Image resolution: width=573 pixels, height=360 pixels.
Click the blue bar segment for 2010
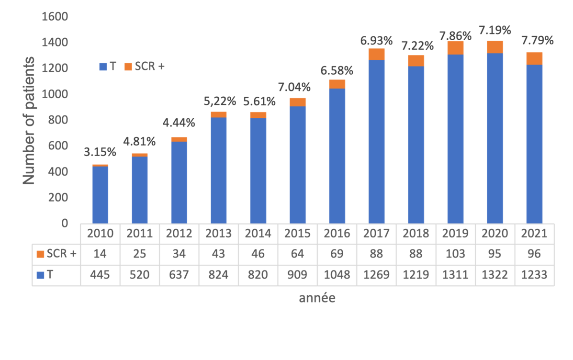tap(100, 195)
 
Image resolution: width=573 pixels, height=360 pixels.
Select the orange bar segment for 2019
tap(455, 48)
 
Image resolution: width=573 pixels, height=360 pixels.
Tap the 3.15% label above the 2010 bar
tap(100, 152)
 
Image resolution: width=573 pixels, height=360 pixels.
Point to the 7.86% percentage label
tap(455, 35)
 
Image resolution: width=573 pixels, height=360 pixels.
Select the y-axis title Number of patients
tap(29, 120)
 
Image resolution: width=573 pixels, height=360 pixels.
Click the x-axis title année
tap(317, 298)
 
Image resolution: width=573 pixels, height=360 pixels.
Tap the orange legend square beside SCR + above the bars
tap(128, 67)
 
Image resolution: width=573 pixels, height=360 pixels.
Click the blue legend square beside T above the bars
tap(103, 67)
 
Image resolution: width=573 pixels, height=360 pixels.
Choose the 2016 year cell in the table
tap(337, 234)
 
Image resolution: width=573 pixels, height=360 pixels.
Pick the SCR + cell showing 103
tap(455, 254)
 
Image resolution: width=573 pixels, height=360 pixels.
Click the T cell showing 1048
tap(337, 275)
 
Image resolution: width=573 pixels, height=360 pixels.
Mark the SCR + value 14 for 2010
tap(100, 254)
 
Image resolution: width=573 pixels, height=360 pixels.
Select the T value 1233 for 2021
tap(534, 275)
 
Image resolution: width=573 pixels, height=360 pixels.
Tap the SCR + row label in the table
tap(56, 254)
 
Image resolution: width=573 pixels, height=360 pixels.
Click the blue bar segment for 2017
tap(376, 141)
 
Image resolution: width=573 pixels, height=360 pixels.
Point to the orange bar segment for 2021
tap(534, 58)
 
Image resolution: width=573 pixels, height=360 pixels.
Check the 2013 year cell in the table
tap(219, 234)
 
